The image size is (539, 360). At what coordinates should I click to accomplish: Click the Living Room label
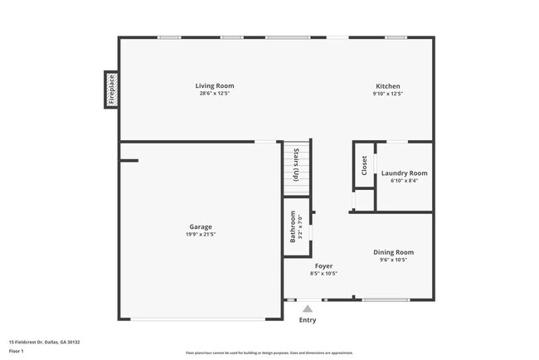(215, 85)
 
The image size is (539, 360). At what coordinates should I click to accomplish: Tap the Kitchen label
(388, 85)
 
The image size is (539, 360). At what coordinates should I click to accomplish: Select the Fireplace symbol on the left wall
(110, 90)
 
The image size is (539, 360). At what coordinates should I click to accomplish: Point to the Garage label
(200, 226)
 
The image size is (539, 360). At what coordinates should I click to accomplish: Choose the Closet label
(364, 165)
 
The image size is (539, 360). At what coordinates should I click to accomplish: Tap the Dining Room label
(393, 252)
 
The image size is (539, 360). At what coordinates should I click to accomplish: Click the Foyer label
(323, 265)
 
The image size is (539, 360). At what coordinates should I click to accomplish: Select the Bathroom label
(293, 226)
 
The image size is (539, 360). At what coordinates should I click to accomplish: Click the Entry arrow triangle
(308, 309)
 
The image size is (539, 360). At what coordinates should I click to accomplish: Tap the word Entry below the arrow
(308, 320)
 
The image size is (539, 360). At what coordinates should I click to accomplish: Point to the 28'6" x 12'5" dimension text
(215, 94)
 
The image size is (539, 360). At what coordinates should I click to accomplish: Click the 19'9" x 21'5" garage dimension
(200, 235)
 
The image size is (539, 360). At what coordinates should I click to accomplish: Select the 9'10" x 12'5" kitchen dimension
(388, 94)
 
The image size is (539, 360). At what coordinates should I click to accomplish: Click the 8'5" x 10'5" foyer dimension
(323, 274)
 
